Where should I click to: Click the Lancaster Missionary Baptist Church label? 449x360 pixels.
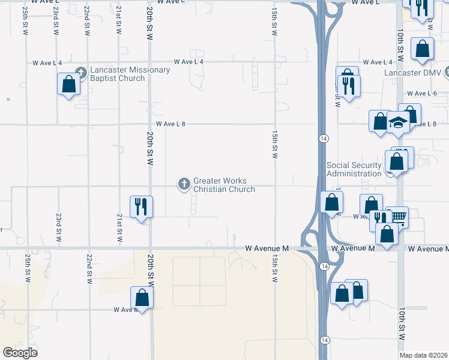pyautogui.click(x=130, y=74)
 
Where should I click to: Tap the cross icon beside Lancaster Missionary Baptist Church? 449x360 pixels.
pyautogui.click(x=82, y=70)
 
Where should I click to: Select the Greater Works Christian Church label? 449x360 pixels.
pyautogui.click(x=224, y=185)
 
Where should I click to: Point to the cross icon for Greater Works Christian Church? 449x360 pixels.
pyautogui.click(x=184, y=183)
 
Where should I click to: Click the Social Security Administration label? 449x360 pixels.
pyautogui.click(x=354, y=169)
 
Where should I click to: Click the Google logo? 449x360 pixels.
pyautogui.click(x=20, y=353)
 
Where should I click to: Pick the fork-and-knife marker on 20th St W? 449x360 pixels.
pyautogui.click(x=141, y=206)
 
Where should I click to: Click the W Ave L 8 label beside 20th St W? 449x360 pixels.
pyautogui.click(x=170, y=124)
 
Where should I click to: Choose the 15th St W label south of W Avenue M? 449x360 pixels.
pyautogui.click(x=274, y=268)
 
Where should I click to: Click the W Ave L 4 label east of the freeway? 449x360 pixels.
pyautogui.click(x=378, y=62)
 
